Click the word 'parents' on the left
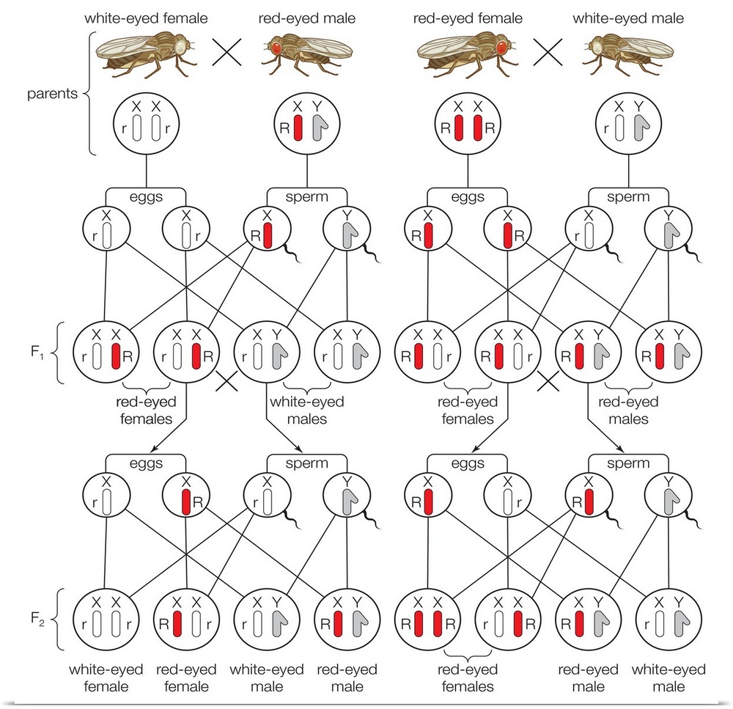click(x=52, y=95)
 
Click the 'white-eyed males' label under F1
click(x=297, y=411)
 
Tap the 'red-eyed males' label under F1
click(x=628, y=411)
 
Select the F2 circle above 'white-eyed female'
click(x=106, y=620)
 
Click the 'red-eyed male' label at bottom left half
click(x=347, y=677)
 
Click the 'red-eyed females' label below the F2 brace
click(x=467, y=677)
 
